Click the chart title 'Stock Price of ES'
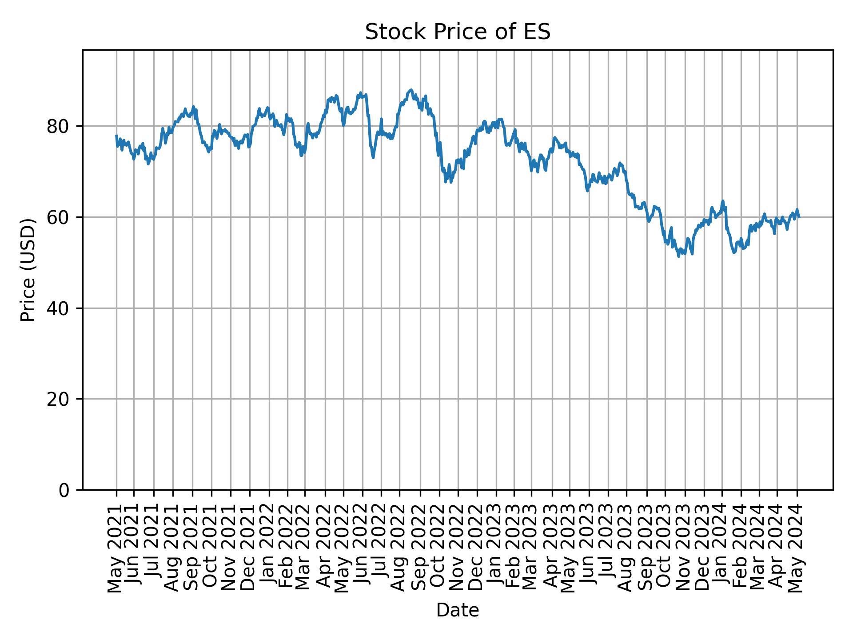coord(458,32)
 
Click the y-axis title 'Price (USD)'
coord(28,270)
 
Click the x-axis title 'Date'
coord(458,610)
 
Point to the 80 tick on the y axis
coord(58,127)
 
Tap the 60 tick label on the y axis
coord(58,217)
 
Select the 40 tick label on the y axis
coord(58,308)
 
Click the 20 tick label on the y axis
coord(58,399)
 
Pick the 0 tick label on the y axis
coord(64,490)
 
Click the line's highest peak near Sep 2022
coord(411,90)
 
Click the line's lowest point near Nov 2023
coord(678,256)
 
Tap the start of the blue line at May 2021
coord(116,136)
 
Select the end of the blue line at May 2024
coord(799,217)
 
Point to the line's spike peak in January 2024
coord(723,201)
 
